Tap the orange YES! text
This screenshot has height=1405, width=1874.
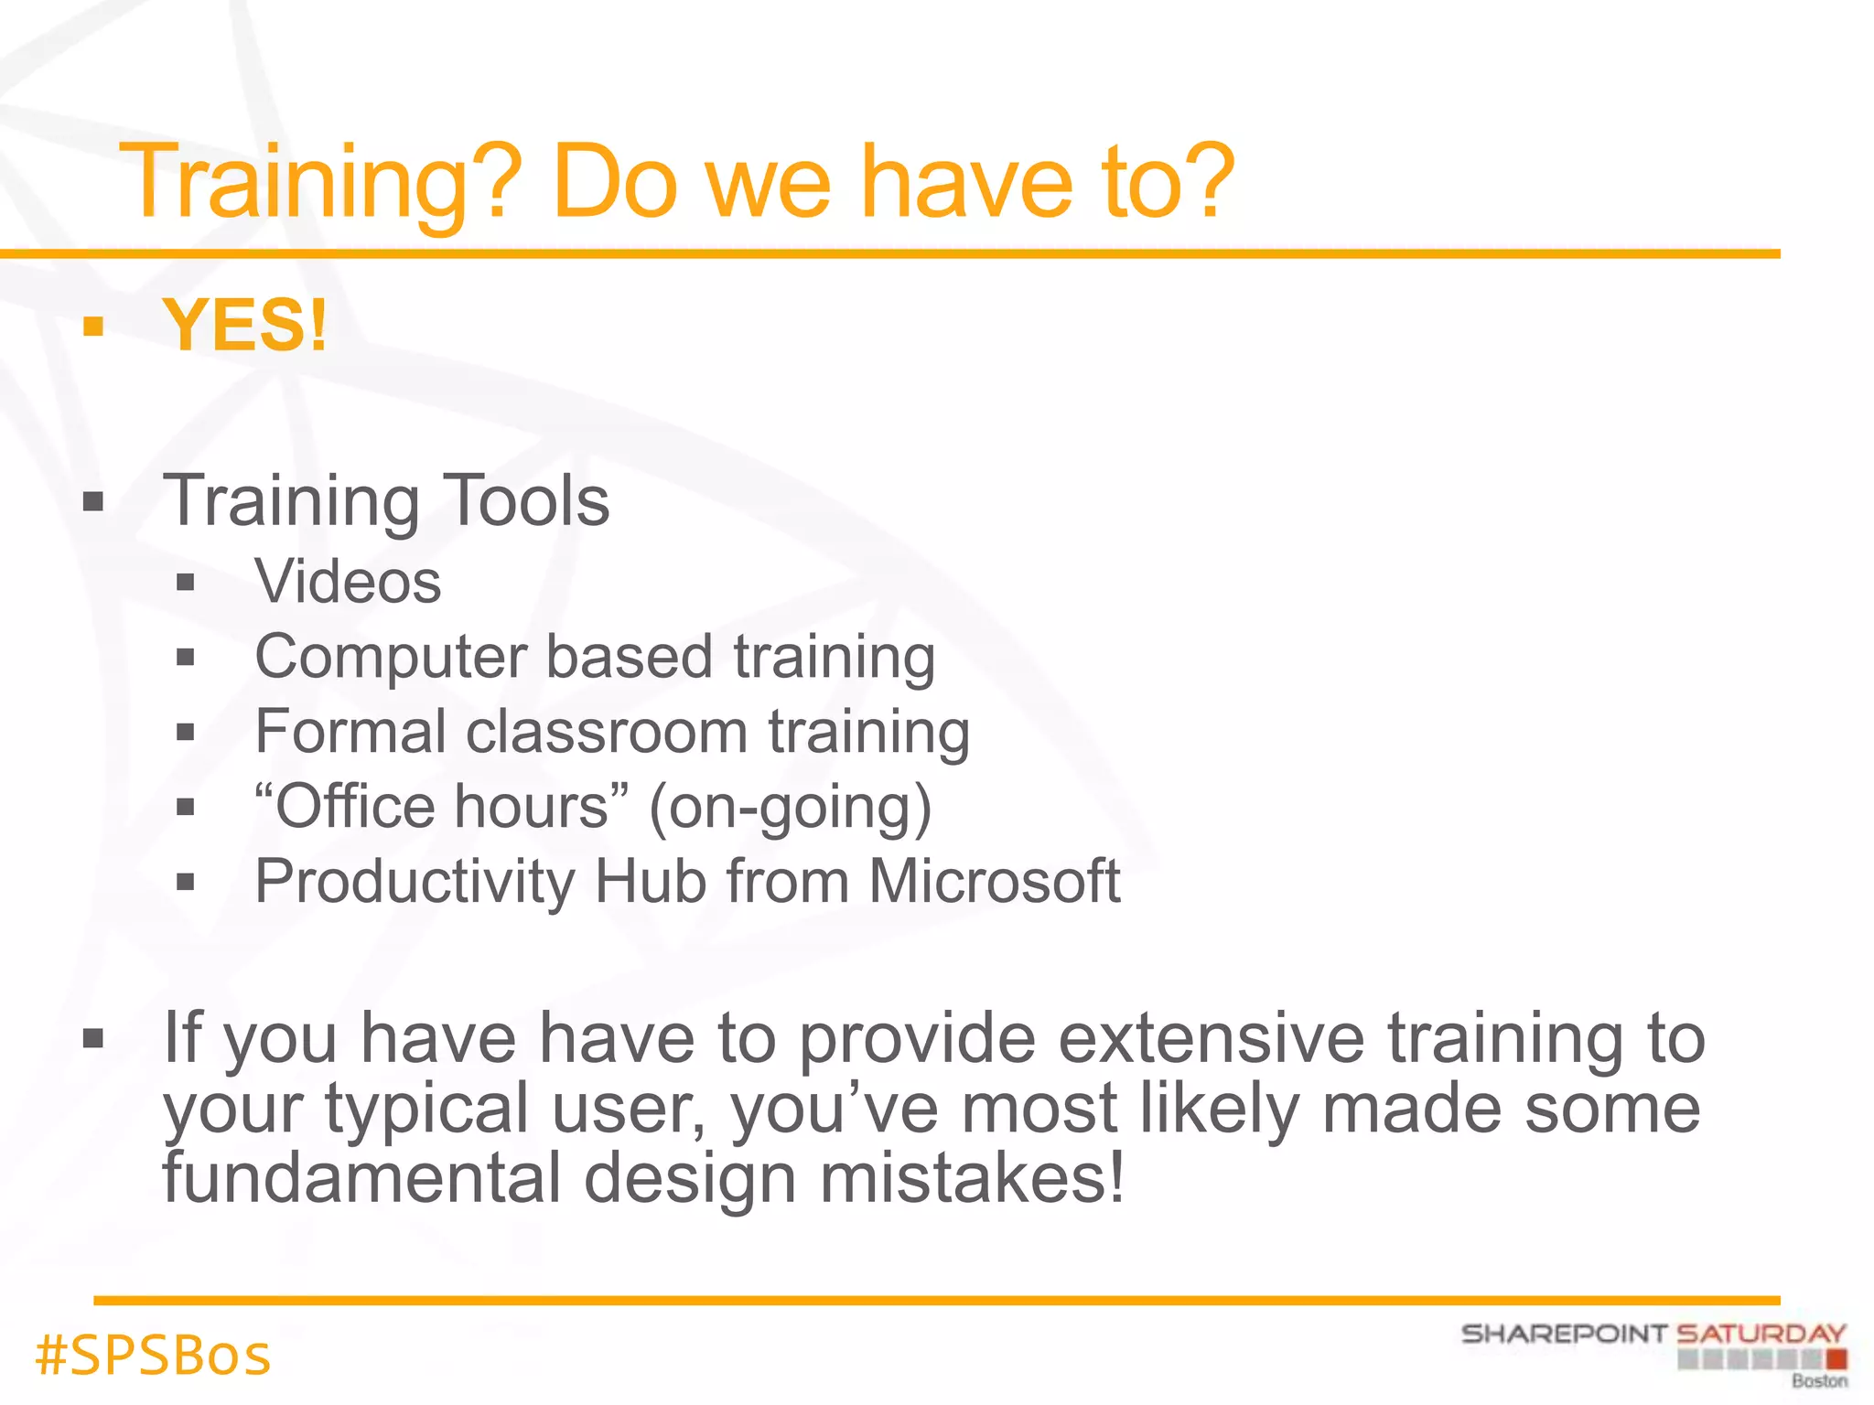coord(245,326)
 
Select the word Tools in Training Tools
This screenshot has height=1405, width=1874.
coord(526,500)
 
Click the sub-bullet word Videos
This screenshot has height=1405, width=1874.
coord(348,582)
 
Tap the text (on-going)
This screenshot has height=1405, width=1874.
coord(790,808)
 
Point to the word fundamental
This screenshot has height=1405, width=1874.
coord(361,1178)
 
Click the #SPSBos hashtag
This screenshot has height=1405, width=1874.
coord(153,1356)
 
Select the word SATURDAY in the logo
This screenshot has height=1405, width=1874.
coord(1761,1334)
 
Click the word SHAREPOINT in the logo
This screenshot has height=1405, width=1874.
coord(1564,1334)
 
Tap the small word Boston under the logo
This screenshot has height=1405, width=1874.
coord(1819,1381)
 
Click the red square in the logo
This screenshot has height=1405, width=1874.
coord(1837,1359)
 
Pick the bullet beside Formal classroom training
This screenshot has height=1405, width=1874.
coord(186,733)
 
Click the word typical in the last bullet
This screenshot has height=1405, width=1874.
coord(426,1109)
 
